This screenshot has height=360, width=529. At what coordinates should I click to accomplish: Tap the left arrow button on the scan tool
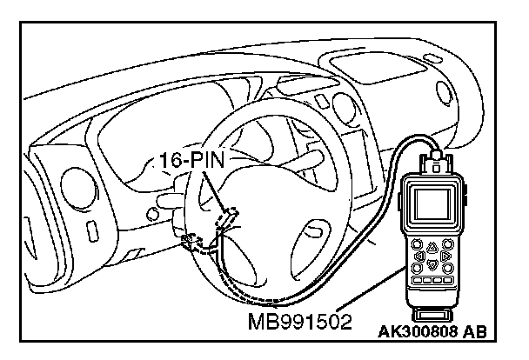click(x=420, y=257)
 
